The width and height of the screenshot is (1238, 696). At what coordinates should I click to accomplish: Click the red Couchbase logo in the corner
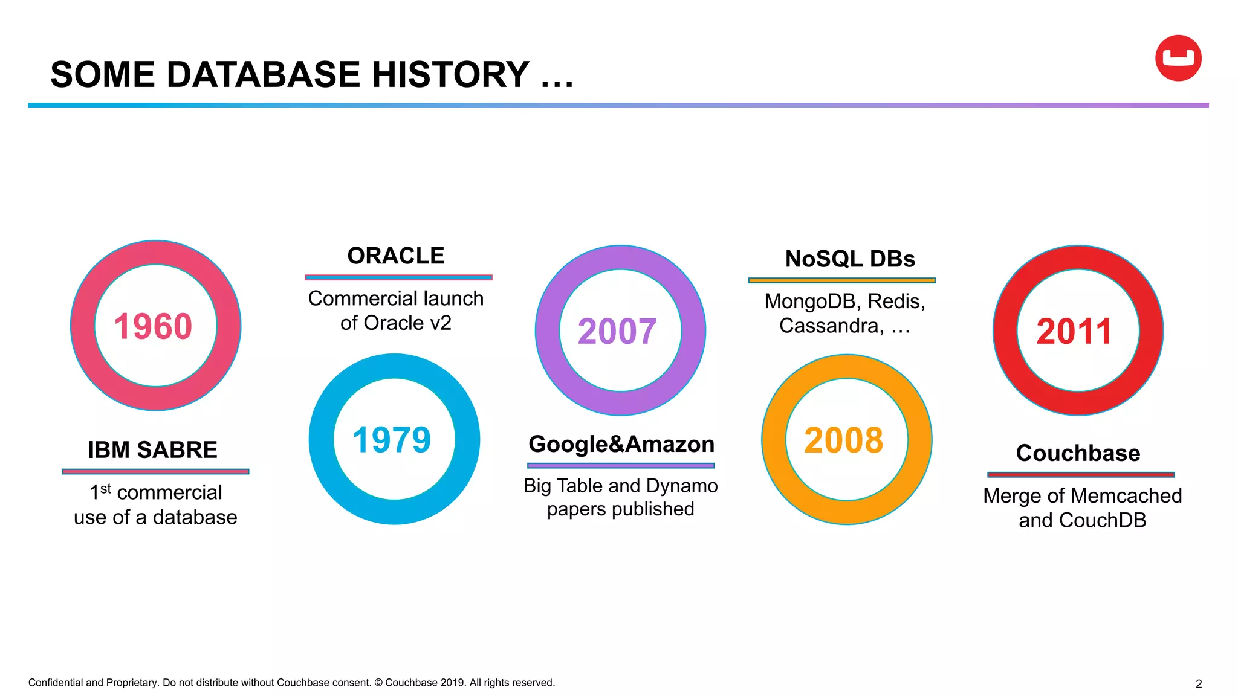click(x=1178, y=58)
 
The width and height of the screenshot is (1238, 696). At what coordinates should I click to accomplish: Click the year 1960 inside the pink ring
click(x=153, y=327)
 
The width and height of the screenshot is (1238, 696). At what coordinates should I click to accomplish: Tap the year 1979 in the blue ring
click(x=392, y=440)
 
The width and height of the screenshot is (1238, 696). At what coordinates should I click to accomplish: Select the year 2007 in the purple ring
click(x=617, y=332)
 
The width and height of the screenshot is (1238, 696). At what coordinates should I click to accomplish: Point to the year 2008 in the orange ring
click(x=844, y=440)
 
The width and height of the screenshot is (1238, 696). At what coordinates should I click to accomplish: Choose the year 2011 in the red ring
click(x=1074, y=332)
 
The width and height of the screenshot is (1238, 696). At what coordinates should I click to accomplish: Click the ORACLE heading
click(x=396, y=256)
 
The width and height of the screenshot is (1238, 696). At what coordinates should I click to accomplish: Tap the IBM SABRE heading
click(x=152, y=450)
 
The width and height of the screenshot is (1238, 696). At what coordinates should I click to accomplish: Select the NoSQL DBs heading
click(x=850, y=259)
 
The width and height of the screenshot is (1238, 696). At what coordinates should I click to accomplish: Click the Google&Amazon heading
click(x=621, y=444)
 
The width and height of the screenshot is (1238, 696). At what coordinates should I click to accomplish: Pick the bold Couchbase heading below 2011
click(x=1078, y=453)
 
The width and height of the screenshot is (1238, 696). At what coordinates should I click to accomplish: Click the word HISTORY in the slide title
click(x=450, y=74)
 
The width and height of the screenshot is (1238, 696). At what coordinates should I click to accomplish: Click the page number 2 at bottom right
click(x=1199, y=684)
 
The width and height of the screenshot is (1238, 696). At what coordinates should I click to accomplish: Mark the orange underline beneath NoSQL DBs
click(x=841, y=280)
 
